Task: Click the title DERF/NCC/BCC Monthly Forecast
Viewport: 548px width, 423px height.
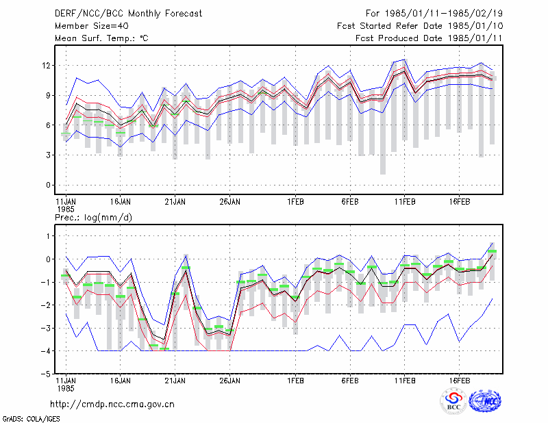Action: coord(128,14)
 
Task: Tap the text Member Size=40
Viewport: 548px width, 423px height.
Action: coord(92,26)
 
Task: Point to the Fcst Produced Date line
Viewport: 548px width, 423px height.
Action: coord(429,38)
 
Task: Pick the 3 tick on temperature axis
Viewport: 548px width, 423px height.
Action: coord(48,155)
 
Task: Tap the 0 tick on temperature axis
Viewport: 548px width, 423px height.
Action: coord(48,185)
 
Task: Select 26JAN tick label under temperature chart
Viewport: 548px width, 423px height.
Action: coord(229,202)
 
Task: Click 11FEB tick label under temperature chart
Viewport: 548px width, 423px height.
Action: coord(405,202)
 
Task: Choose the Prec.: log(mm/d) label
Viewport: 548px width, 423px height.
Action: coord(93,218)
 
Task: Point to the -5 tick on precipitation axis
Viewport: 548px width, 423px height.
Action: coord(46,374)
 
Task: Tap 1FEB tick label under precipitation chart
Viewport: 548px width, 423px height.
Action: coord(295,381)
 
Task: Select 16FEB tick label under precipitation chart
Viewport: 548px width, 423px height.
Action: coord(459,381)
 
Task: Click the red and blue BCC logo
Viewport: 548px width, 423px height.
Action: coord(453,401)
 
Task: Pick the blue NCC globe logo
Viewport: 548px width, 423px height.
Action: coord(485,401)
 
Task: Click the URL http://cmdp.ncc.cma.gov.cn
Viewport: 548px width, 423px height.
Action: coord(112,405)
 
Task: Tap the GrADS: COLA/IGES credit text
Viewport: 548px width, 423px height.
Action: coord(31,419)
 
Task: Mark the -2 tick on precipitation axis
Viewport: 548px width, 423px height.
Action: coord(46,305)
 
